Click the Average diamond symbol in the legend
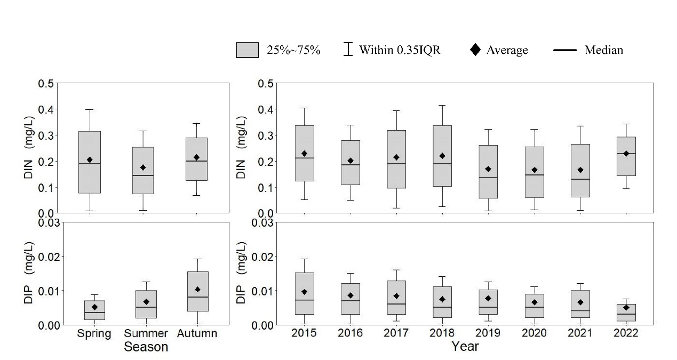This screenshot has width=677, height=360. (475, 50)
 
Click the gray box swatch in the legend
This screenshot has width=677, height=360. (247, 50)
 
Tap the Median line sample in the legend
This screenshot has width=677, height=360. (565, 50)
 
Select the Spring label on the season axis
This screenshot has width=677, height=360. (94, 334)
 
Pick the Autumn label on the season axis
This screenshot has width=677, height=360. (196, 334)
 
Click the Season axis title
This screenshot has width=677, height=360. (146, 347)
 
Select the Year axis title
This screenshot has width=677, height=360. (465, 347)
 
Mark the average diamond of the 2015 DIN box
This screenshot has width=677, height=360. (304, 154)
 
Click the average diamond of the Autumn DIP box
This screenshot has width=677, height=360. (196, 290)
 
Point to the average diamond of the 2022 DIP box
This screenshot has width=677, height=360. (626, 308)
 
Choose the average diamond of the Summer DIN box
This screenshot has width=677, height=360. (143, 167)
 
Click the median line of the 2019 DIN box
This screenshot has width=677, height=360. (488, 177)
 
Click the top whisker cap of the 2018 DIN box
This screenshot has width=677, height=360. (442, 106)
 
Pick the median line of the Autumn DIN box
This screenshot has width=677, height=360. (196, 161)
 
